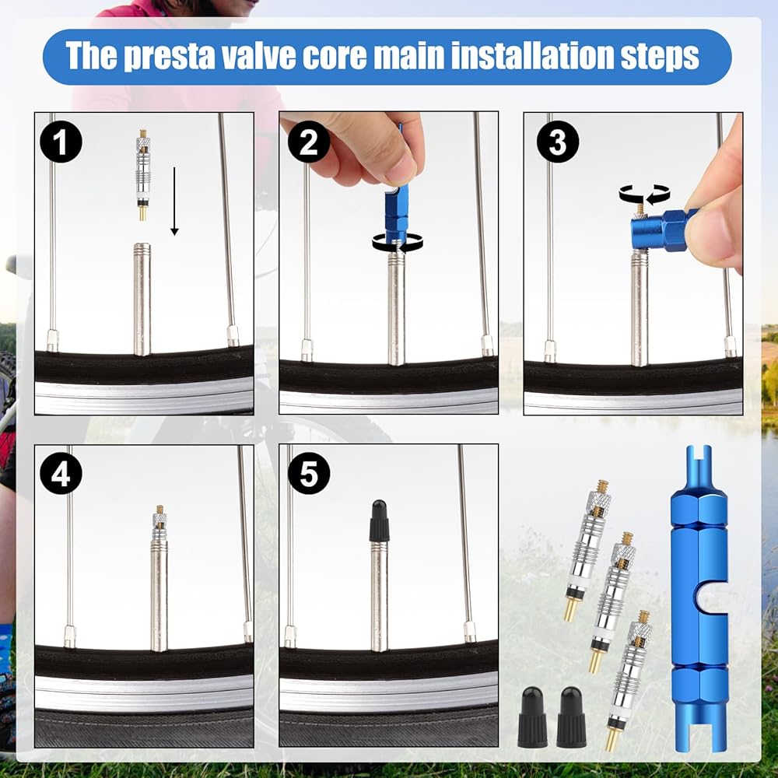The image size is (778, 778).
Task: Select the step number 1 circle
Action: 61,142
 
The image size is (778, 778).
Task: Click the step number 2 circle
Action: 309,142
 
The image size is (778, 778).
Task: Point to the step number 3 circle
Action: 558,142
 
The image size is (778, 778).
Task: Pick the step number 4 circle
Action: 61,474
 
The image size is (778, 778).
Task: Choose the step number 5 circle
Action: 309,474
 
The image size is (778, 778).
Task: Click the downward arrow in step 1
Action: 174,201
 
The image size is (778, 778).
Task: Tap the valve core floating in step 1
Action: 143,174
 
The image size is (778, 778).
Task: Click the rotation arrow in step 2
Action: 398,243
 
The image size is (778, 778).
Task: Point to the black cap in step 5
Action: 380,520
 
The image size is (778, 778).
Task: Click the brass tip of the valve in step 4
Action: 160,510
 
